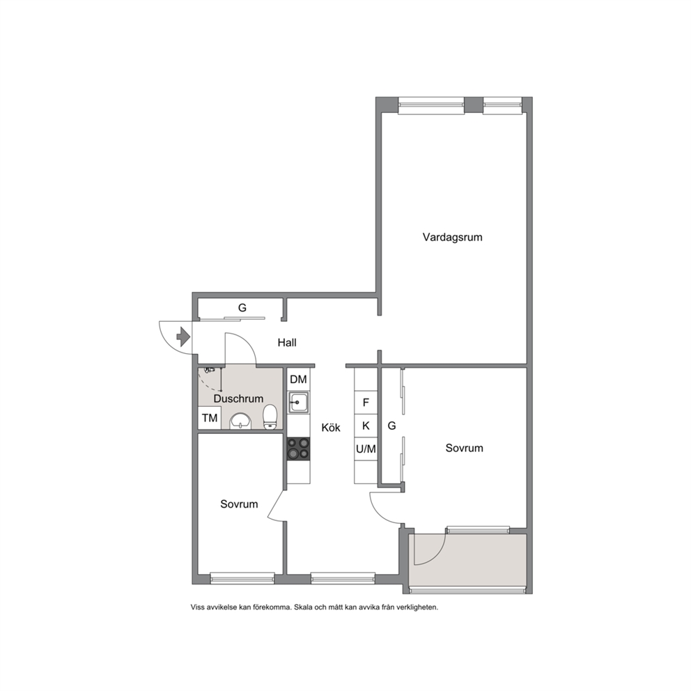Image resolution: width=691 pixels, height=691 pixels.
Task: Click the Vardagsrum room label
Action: click(x=452, y=237)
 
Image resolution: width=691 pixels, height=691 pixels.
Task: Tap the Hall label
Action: click(x=287, y=343)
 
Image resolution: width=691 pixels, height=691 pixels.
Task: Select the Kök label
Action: click(x=330, y=428)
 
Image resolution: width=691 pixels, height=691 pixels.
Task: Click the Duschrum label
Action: click(x=238, y=398)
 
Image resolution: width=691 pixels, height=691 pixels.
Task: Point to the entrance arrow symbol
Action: click(x=183, y=337)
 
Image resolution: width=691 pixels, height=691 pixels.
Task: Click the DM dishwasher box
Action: click(x=298, y=379)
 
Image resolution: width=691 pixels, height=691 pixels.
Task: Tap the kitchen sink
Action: click(x=298, y=403)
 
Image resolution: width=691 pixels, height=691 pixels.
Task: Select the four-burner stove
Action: click(x=298, y=449)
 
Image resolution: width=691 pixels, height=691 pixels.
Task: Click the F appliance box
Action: click(x=366, y=403)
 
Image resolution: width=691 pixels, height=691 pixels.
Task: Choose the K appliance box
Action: click(x=366, y=426)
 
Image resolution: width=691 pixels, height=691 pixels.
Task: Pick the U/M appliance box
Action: click(x=366, y=449)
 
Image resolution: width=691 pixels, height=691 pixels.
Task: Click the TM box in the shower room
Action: click(x=210, y=418)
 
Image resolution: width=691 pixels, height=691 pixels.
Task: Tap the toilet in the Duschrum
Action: click(x=270, y=417)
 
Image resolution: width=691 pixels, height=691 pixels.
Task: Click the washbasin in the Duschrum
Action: click(x=240, y=421)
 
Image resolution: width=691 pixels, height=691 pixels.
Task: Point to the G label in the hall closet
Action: click(x=242, y=308)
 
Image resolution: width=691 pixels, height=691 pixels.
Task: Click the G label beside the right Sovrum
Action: click(x=391, y=426)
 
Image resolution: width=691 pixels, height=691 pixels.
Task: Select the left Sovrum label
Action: click(x=239, y=504)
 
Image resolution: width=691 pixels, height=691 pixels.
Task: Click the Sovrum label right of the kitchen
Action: click(x=464, y=448)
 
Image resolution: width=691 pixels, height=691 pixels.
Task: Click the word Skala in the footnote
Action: click(x=304, y=607)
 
